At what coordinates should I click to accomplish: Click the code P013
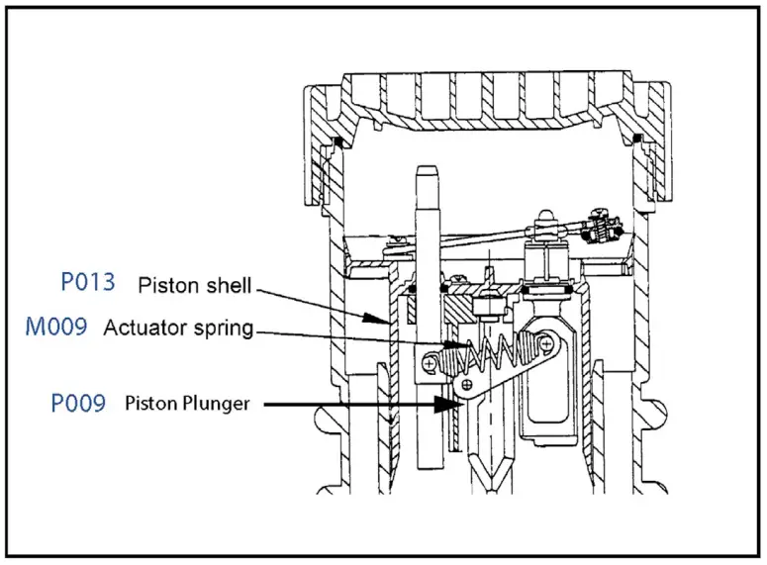87,283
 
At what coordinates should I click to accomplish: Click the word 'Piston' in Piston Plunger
147,404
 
